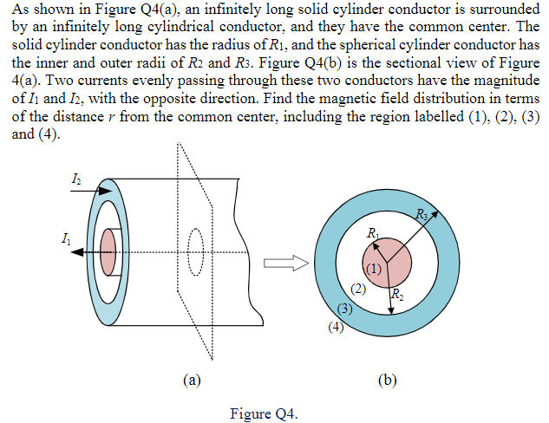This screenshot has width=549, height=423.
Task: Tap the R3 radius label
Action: coord(422,214)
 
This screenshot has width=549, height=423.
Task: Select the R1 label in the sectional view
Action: coord(372,233)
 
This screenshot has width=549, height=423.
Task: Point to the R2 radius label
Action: coord(397,294)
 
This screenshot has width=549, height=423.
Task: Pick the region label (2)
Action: coord(356,289)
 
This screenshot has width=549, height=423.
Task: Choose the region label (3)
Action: coord(343,308)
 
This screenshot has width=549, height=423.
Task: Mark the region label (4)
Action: coord(336,327)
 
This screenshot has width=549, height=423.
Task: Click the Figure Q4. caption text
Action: coord(264,413)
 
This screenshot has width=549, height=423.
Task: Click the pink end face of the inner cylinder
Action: coord(108,251)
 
